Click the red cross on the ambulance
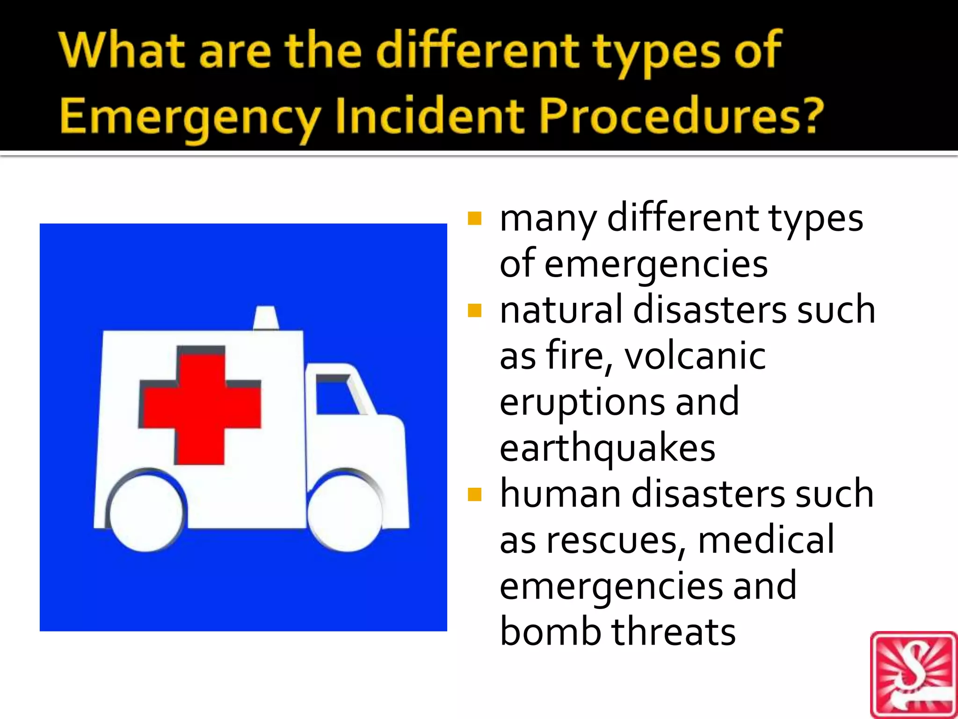coord(200,404)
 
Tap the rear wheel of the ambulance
coord(146,513)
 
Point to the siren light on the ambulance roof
coord(266,318)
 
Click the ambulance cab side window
coord(336,396)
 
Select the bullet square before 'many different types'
coord(474,219)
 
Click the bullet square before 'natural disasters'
coord(474,310)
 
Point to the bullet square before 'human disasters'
coord(474,494)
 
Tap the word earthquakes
coord(607,448)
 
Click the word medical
coord(765,539)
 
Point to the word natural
coord(560,310)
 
